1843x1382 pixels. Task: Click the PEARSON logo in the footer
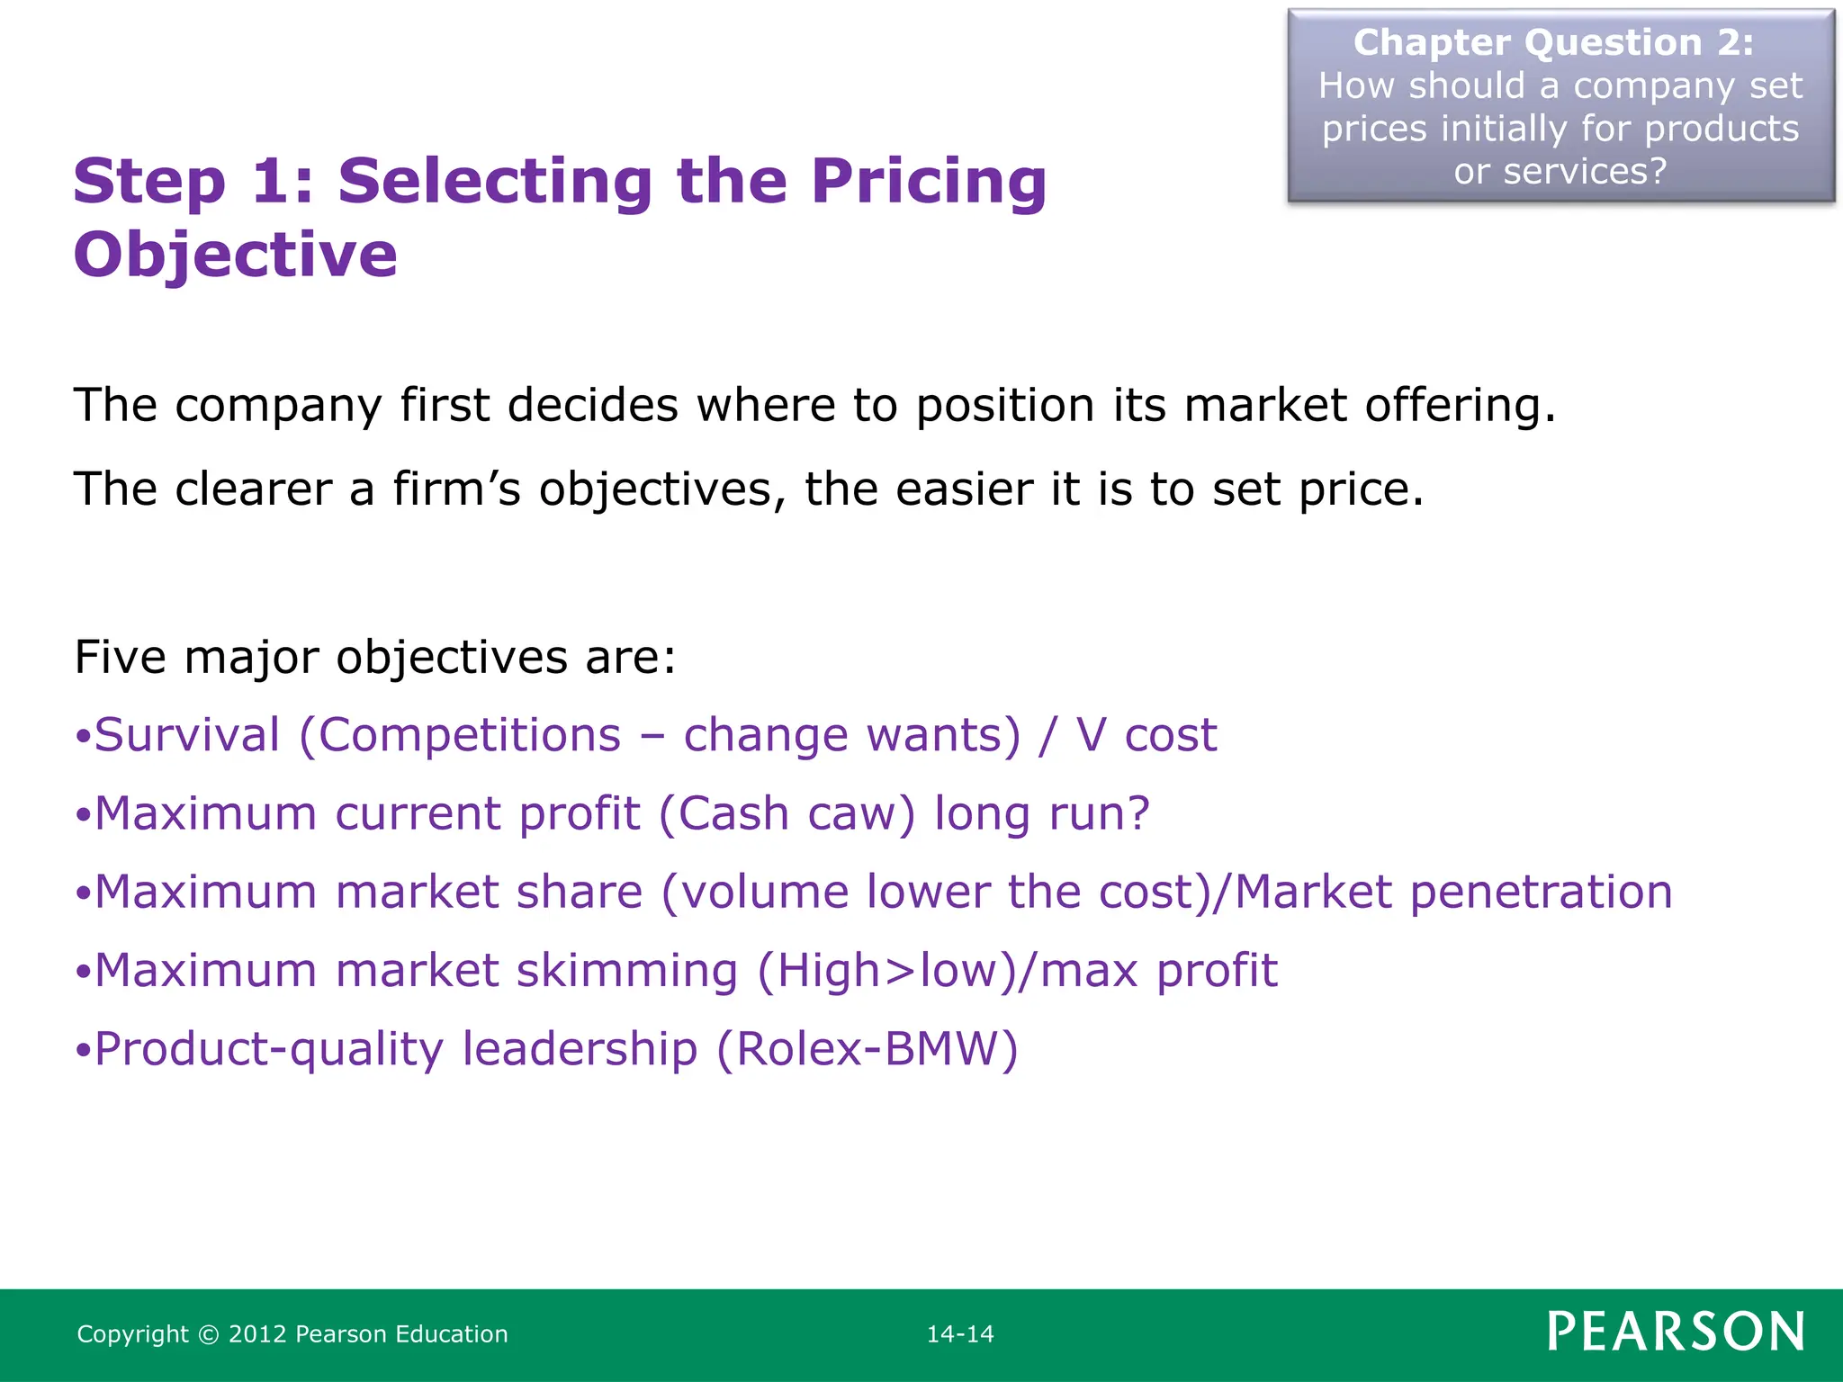pos(1676,1332)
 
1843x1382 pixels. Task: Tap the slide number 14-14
pos(960,1334)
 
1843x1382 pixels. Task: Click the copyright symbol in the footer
pos(208,1334)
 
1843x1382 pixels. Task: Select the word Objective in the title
pos(235,255)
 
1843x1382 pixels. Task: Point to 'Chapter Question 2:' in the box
pos(1553,43)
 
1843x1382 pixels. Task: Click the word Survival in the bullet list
pos(187,735)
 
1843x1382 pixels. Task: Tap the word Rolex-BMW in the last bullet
pos(868,1049)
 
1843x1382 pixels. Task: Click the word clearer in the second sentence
pos(254,489)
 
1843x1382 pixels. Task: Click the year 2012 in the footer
pos(257,1334)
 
